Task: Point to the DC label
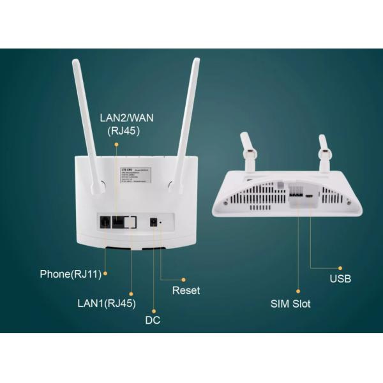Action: pyautogui.click(x=153, y=320)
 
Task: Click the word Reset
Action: pyautogui.click(x=186, y=290)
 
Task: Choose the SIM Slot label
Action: pyautogui.click(x=290, y=304)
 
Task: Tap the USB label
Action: pyautogui.click(x=340, y=279)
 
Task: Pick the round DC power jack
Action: pyautogui.click(x=153, y=223)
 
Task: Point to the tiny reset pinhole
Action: pyautogui.click(x=161, y=223)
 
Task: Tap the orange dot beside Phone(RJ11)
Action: pyautogui.click(x=106, y=274)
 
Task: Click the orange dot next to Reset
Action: pyautogui.click(x=184, y=279)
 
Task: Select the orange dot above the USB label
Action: pyautogui.click(x=340, y=267)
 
